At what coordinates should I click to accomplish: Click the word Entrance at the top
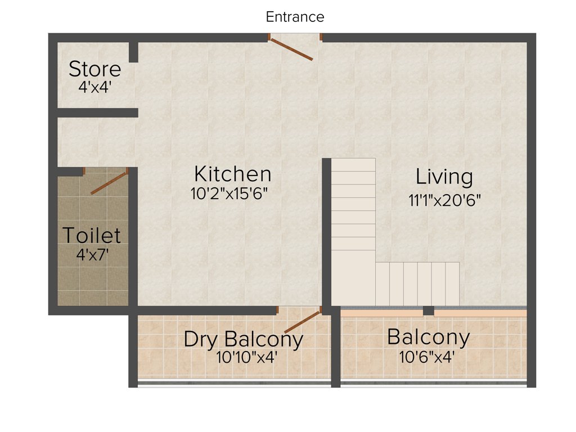[x=295, y=17]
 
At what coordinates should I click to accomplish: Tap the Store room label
[x=94, y=69]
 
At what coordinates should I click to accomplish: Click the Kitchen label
[x=232, y=173]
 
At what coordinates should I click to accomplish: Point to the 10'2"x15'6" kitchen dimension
[x=228, y=194]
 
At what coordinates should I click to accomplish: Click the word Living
[x=444, y=177]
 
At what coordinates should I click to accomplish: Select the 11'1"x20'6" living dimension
[x=444, y=200]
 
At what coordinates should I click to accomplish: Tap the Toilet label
[x=91, y=235]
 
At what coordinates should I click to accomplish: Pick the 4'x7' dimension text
[x=92, y=254]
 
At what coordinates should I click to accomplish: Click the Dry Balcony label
[x=243, y=339]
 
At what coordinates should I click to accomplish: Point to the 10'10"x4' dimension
[x=246, y=357]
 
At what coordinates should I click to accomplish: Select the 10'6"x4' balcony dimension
[x=427, y=357]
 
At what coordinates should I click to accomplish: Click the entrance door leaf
[x=291, y=49]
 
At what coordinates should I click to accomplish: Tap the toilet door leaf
[x=110, y=183]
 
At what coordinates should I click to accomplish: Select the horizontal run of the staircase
[x=417, y=283]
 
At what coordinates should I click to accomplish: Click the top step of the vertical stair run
[x=353, y=164]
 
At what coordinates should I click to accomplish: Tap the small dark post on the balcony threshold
[x=429, y=310]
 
